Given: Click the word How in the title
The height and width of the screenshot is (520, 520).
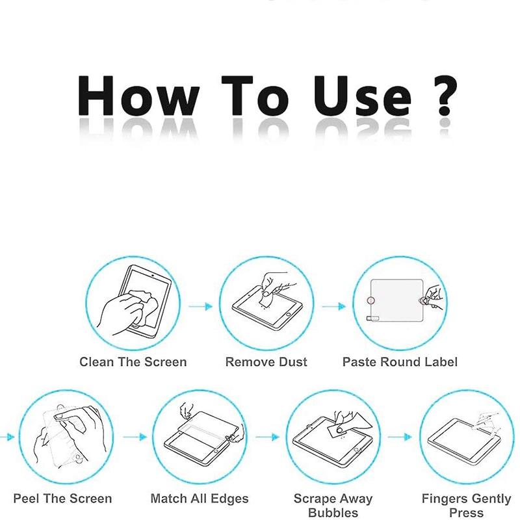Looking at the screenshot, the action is tap(138, 96).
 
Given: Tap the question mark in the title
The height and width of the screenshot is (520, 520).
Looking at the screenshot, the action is tap(445, 96).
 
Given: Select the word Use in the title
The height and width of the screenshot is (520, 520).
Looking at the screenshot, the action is tap(363, 96).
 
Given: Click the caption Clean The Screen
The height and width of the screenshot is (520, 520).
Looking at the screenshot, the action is tap(133, 362).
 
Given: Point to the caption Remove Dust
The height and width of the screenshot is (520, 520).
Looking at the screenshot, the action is tap(266, 362).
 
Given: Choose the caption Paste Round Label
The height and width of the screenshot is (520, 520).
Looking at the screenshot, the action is tap(400, 362).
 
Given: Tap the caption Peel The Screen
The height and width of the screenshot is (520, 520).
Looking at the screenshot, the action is tap(62, 499).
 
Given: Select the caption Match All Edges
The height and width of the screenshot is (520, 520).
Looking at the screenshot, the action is tap(200, 499).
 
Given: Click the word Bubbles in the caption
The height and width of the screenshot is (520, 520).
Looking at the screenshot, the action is tap(333, 512).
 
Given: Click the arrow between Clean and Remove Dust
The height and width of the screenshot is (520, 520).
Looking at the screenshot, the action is tap(200, 306).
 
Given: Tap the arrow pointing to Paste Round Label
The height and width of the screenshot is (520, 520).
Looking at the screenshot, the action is tap(334, 306).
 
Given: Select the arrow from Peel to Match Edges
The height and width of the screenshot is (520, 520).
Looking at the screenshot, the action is tap(135, 437).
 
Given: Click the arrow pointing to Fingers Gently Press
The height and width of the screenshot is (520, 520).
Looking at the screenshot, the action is tap(400, 437).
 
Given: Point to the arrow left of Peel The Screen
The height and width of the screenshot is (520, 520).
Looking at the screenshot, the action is tap(7, 437).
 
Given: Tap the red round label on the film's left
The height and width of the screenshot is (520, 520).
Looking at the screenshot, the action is tap(371, 300).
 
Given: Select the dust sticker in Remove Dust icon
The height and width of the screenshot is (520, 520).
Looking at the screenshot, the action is tap(266, 299).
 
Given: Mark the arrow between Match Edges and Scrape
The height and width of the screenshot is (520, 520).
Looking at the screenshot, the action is tap(267, 437).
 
